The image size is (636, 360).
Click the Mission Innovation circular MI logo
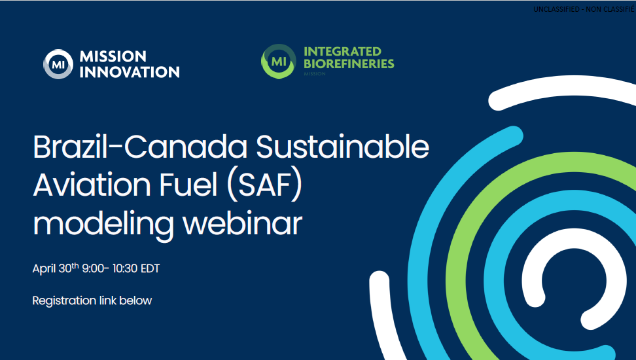(58, 64)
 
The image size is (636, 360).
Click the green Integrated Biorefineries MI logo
(279, 62)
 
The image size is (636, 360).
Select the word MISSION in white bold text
(113, 56)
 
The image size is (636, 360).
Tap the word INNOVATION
(130, 72)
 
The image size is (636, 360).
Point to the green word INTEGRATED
(342, 52)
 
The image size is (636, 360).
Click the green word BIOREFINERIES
(349, 63)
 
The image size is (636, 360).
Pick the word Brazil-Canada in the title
(140, 147)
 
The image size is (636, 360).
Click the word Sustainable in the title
(342, 147)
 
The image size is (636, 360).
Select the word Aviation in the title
(92, 185)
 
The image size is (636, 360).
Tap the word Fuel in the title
(188, 185)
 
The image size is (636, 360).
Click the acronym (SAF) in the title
(264, 185)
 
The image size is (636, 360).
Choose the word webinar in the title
(242, 223)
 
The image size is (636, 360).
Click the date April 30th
(56, 268)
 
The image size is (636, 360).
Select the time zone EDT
(150, 268)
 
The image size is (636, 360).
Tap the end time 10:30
(124, 268)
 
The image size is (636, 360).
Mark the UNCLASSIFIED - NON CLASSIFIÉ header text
(584, 9)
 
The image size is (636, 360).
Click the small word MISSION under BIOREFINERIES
(315, 74)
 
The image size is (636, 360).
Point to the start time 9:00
(93, 268)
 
